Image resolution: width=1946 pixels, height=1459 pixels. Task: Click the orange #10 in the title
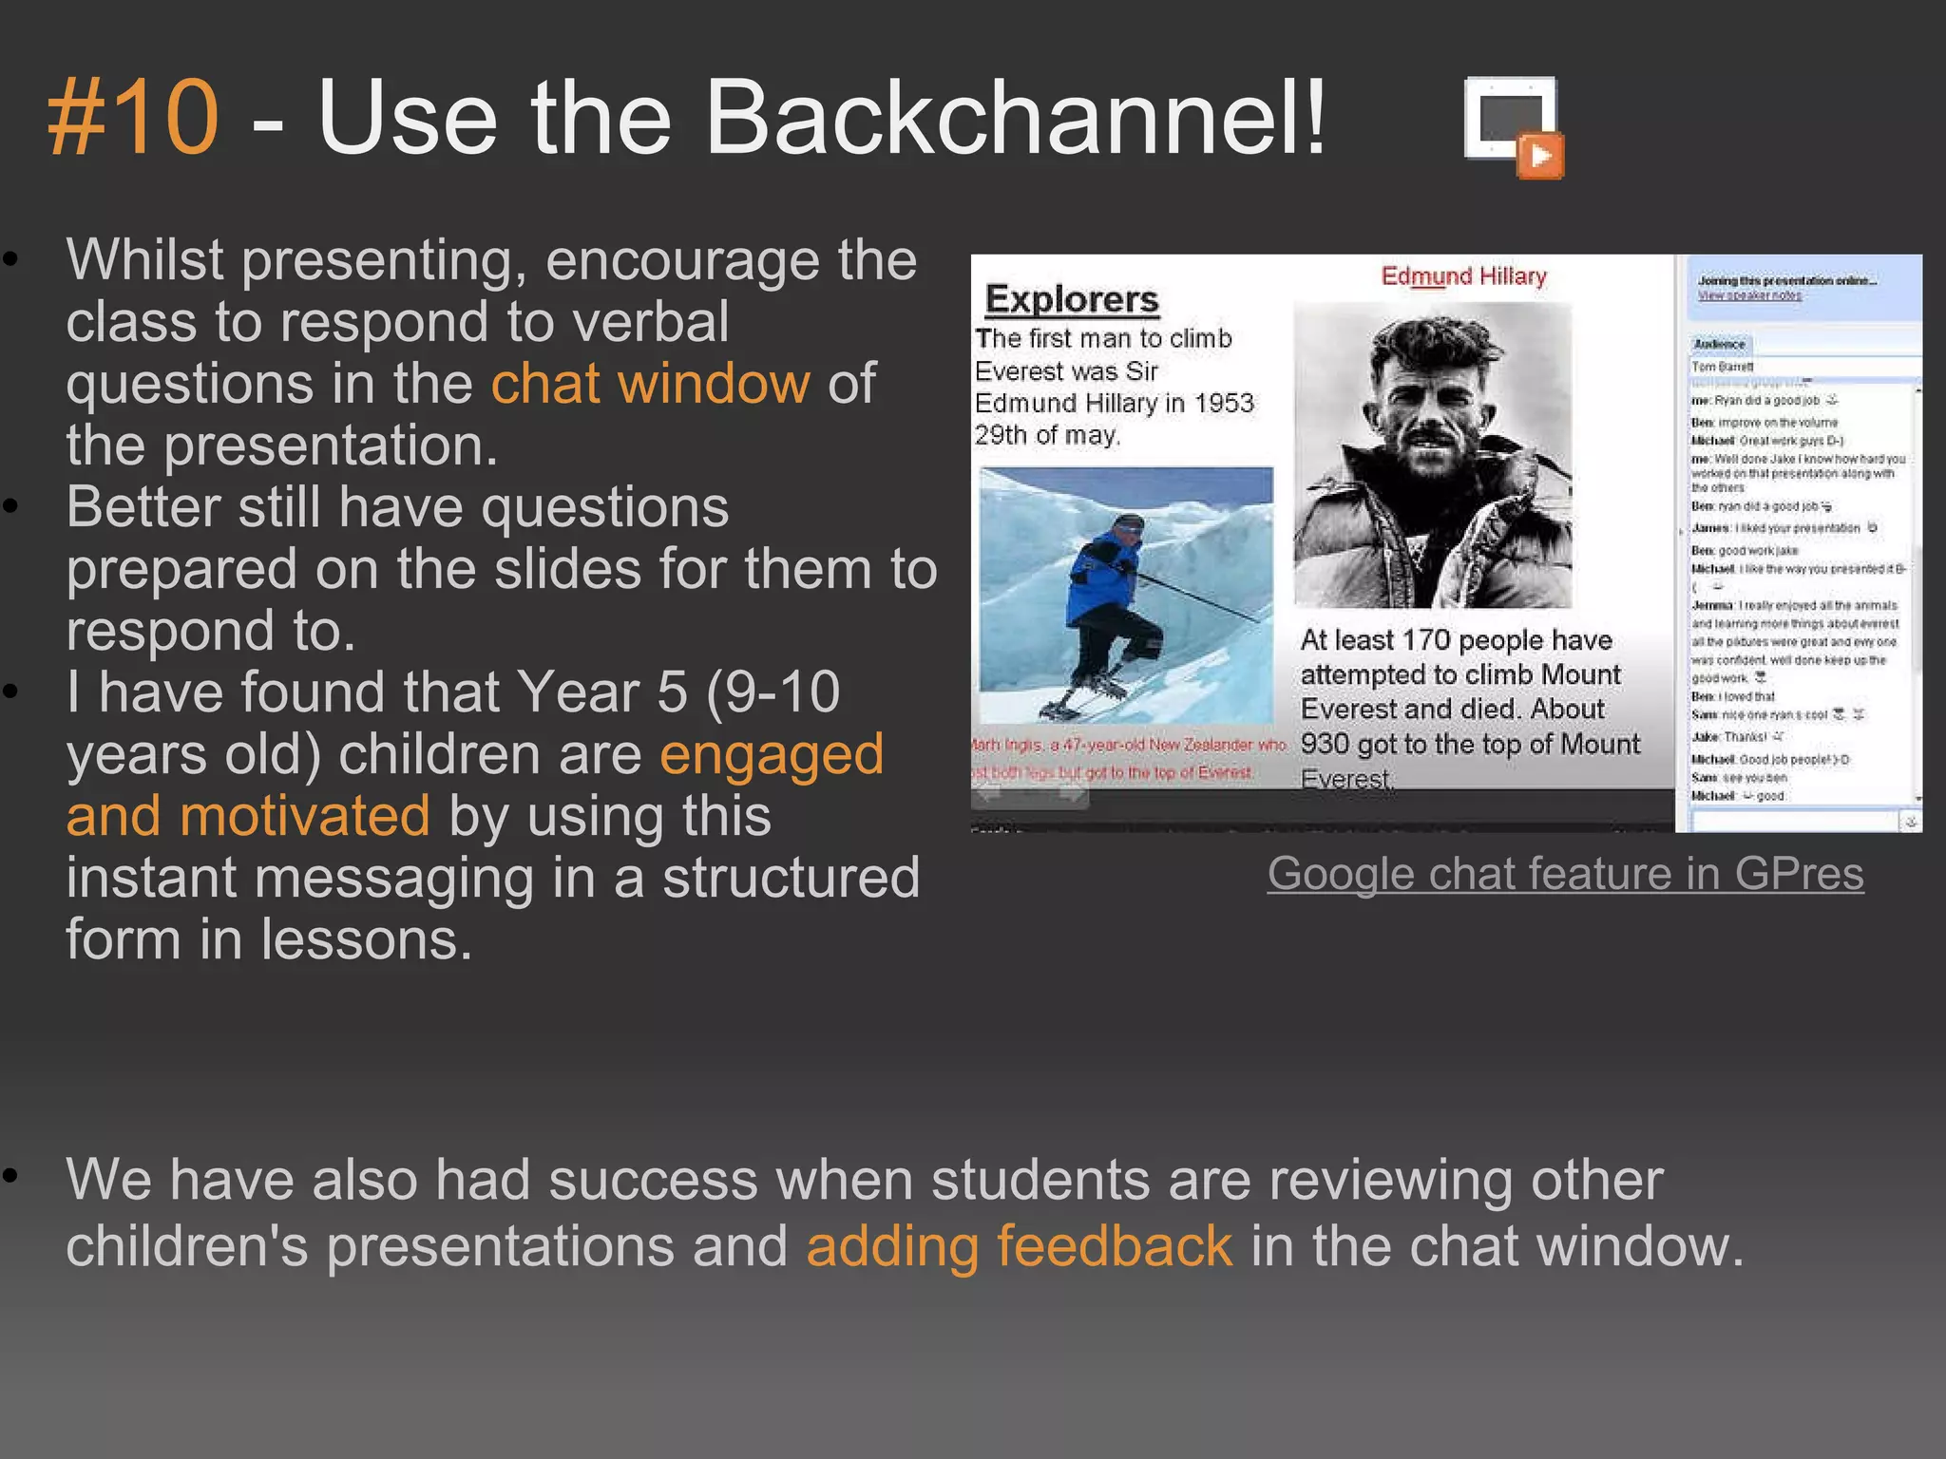tap(133, 118)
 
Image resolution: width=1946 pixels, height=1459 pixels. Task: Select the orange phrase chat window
tap(651, 384)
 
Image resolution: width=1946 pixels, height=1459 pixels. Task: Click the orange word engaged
tap(772, 754)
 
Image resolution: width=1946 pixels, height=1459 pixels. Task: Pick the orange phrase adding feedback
tap(1019, 1245)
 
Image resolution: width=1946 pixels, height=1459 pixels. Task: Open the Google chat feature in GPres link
tap(1565, 873)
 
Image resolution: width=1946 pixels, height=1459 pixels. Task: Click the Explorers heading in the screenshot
tap(1072, 299)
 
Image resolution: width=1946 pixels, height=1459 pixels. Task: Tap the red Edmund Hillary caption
tap(1463, 276)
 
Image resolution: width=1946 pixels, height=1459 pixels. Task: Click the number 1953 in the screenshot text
tap(1224, 404)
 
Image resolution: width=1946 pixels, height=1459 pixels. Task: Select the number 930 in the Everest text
tap(1326, 744)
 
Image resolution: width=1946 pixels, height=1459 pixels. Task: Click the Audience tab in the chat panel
tap(1720, 345)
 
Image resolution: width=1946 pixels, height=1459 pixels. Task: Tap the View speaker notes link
tap(1749, 295)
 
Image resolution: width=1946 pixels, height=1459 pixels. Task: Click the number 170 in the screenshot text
tap(1426, 640)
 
